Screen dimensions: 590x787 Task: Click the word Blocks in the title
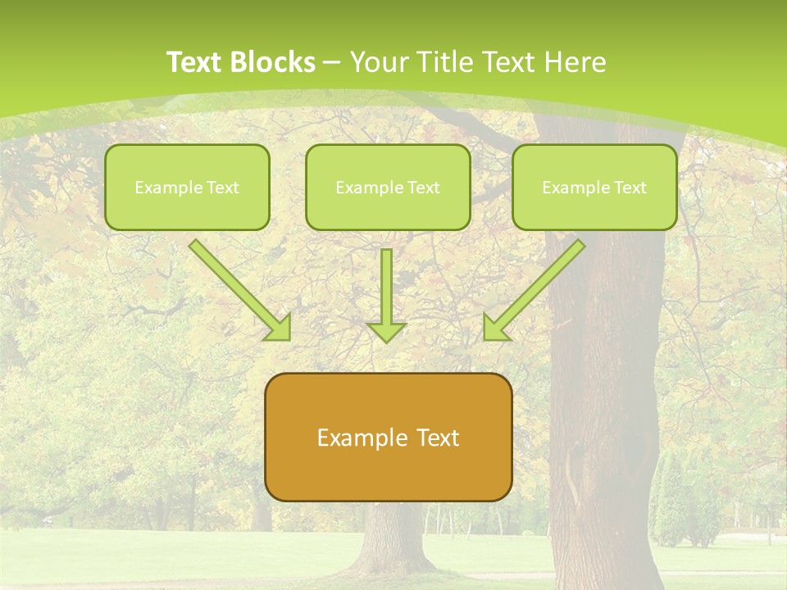pos(275,62)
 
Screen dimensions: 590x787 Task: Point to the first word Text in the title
pos(196,62)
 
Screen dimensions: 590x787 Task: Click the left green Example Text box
pos(187,187)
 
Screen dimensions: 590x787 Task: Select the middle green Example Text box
pos(388,187)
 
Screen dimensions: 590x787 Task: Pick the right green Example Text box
pos(594,187)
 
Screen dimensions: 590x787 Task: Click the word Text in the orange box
pos(436,438)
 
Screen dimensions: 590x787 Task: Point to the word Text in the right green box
pos(630,188)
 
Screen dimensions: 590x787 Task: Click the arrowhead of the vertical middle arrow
pos(386,332)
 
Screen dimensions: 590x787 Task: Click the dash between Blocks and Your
pos(332,62)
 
